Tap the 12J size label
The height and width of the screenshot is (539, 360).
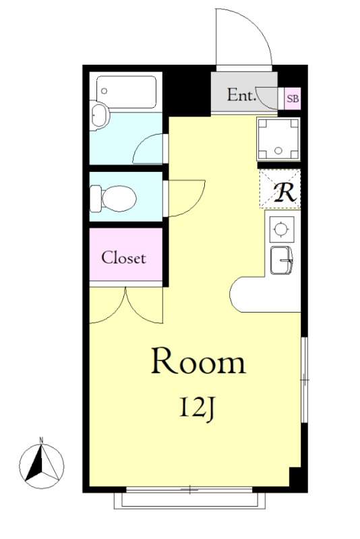pos(197,408)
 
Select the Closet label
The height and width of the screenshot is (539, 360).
pos(124,258)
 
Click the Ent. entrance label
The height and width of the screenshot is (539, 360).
pos(242,95)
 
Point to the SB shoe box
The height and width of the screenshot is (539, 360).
pos(293,98)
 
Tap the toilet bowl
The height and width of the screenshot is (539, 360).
pos(113,199)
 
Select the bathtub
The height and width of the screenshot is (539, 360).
pos(126,91)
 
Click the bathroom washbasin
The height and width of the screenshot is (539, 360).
pos(100,115)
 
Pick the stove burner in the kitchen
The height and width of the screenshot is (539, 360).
pos(282,229)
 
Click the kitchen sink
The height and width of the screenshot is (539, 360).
pos(281,260)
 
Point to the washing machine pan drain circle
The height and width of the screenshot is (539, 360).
pos(278,150)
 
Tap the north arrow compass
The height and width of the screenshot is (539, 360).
pos(42,466)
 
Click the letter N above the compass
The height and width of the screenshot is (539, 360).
pos(41,439)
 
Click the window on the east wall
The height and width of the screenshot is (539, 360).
pos(304,380)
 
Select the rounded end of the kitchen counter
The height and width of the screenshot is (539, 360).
pos(234,294)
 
